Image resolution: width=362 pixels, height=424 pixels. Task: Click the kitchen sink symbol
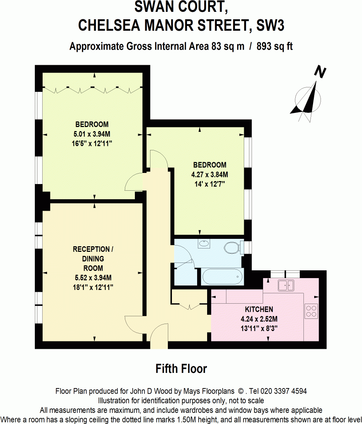(x=286, y=285)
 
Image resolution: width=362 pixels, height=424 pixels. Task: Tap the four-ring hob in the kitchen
(x=311, y=311)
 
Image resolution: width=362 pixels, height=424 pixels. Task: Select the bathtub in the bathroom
(x=221, y=277)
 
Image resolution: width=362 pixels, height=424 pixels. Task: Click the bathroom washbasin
(x=203, y=244)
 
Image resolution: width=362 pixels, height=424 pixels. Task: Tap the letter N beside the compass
(x=320, y=72)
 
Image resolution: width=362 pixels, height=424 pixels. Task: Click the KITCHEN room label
(x=259, y=309)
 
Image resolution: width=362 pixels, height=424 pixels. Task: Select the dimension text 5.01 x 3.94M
(x=92, y=134)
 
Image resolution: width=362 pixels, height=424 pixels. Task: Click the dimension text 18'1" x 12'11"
(x=93, y=287)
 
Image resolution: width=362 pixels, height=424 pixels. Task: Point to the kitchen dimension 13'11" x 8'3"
(x=259, y=328)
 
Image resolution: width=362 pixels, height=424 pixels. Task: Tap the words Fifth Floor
(x=181, y=369)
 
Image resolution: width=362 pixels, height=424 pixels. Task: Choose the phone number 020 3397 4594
(x=283, y=391)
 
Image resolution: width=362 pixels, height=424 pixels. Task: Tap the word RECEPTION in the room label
(x=91, y=249)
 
